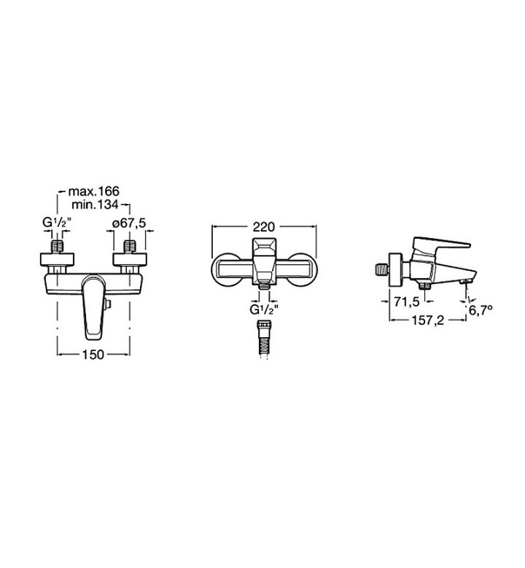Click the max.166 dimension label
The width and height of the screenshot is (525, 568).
coord(93,191)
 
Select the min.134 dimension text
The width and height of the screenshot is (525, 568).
coord(95,205)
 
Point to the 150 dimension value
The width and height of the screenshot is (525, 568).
coord(93,355)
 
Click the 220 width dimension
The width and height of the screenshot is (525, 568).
coord(264,226)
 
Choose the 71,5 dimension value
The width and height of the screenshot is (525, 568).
coord(407,301)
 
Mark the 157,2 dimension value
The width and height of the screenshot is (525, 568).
coord(427,320)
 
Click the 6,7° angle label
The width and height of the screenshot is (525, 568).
coord(481,310)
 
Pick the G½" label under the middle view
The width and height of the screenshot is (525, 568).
coord(264,310)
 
